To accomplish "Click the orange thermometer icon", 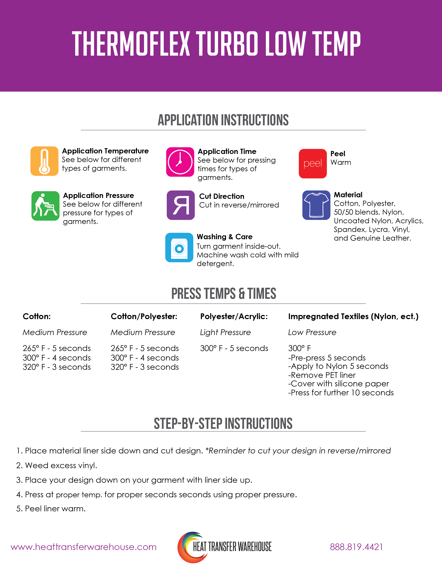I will pyautogui.click(x=44, y=161).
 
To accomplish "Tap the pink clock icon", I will pyautogui.click(x=180, y=162).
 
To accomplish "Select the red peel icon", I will pyautogui.click(x=313, y=164).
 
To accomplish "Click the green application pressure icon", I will pyautogui.click(x=45, y=206).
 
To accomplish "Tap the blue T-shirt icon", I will pyautogui.click(x=316, y=205).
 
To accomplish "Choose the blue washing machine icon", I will pyautogui.click(x=179, y=248).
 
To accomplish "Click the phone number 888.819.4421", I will pyautogui.click(x=356, y=547).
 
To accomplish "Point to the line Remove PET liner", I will pyautogui.click(x=322, y=375).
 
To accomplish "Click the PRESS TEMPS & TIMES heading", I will pyautogui.click(x=224, y=294).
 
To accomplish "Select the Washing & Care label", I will pyautogui.click(x=225, y=237).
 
